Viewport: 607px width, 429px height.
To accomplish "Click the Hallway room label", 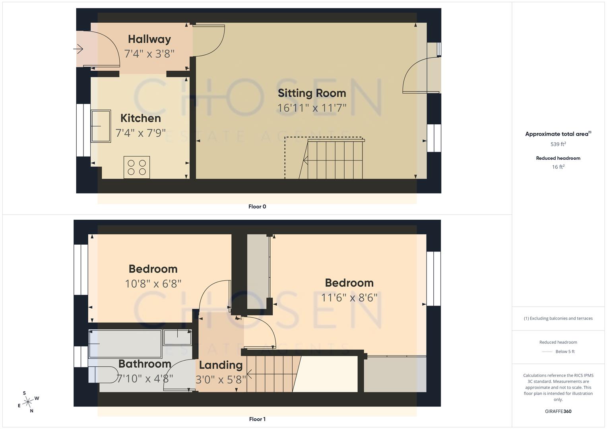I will click(x=149, y=39).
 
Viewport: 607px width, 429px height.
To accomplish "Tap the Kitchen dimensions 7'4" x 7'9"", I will click(x=140, y=133).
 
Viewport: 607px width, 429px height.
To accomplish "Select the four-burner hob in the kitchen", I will click(x=137, y=167).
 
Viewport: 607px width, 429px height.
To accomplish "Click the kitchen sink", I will click(x=101, y=126).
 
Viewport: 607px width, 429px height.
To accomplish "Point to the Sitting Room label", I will click(x=312, y=93).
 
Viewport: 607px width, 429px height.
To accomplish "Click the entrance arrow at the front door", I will click(x=78, y=49).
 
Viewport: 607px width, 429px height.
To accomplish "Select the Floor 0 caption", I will click(x=257, y=207).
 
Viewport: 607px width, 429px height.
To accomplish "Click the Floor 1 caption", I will click(x=257, y=419).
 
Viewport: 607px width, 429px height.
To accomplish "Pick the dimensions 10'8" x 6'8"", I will click(x=153, y=284).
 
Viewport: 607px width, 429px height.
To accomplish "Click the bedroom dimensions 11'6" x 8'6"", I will click(x=349, y=298).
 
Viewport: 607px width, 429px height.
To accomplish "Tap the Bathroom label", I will click(x=145, y=364).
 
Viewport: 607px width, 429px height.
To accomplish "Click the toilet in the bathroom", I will click(x=103, y=374).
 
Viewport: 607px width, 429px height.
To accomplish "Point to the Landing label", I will click(x=221, y=365).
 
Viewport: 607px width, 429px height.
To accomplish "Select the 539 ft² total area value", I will click(x=558, y=144).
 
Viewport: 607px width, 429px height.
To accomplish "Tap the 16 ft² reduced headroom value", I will click(x=558, y=167).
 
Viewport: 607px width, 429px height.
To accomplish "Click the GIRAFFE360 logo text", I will click(x=558, y=411).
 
